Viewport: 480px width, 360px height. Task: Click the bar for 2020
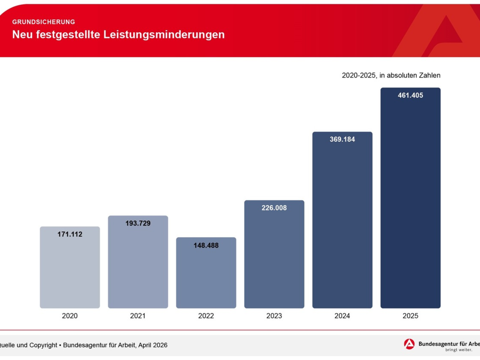(x=70, y=272)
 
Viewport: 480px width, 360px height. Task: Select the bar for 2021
(x=138, y=266)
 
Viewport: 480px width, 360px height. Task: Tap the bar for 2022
(x=206, y=276)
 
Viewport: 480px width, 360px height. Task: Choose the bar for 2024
(x=342, y=224)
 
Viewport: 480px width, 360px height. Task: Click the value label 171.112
(x=70, y=234)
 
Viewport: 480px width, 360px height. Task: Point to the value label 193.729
(x=138, y=224)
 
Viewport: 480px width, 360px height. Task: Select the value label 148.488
(x=206, y=246)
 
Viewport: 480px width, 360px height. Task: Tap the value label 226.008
(x=274, y=208)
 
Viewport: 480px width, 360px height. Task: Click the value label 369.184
(x=342, y=140)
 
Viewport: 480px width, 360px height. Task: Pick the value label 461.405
(x=410, y=96)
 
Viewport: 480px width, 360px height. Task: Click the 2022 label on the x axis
(x=206, y=316)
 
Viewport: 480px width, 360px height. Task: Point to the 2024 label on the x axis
(x=342, y=316)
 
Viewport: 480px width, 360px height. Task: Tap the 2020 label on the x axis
(x=70, y=316)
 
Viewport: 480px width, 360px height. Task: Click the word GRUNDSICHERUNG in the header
(x=44, y=22)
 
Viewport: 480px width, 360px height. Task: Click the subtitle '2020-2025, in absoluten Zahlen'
(x=391, y=75)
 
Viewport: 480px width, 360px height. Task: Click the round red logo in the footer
(x=409, y=344)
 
